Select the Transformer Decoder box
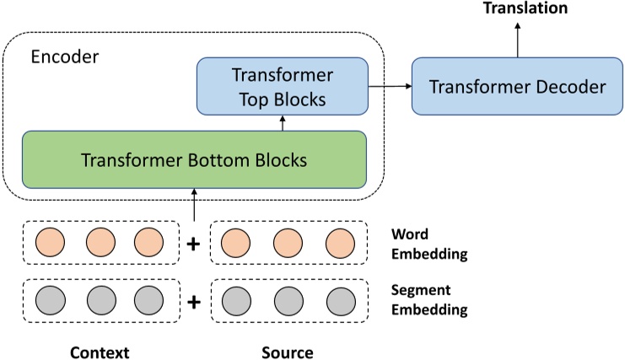tap(518, 87)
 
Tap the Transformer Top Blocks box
tap(283, 87)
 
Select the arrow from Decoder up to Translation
tap(518, 38)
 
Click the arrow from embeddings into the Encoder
tap(194, 204)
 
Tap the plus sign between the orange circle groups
tap(194, 244)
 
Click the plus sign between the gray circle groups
tap(194, 301)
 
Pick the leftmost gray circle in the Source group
tap(234, 301)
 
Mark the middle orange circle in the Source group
tap(288, 244)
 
